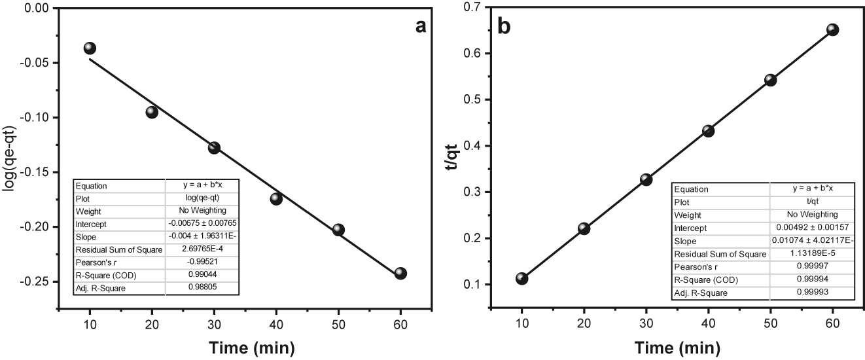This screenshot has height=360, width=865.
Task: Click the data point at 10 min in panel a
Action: click(90, 48)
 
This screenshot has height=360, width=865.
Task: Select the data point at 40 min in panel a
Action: click(276, 198)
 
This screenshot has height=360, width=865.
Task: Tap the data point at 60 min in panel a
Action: click(400, 273)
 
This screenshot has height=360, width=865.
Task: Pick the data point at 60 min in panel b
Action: click(833, 29)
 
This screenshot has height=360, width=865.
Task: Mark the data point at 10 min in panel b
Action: click(521, 278)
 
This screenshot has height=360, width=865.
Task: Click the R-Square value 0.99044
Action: click(202, 276)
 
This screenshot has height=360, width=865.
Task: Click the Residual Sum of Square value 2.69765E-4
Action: click(202, 250)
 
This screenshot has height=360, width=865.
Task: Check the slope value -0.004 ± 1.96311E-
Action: click(202, 237)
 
